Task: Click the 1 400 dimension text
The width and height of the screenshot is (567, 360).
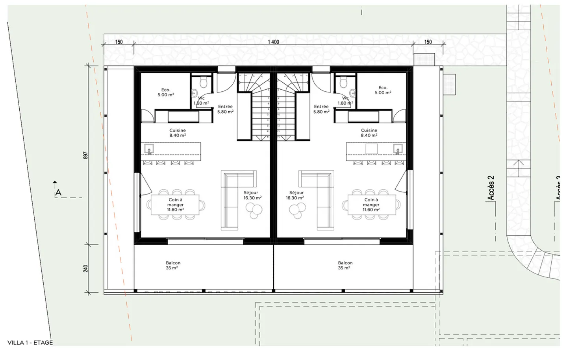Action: click(x=273, y=42)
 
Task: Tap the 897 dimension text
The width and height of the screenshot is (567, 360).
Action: click(x=86, y=155)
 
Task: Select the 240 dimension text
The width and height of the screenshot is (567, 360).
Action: click(x=86, y=268)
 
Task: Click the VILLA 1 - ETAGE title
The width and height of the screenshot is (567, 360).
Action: click(x=30, y=342)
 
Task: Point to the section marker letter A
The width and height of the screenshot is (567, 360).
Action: click(x=58, y=193)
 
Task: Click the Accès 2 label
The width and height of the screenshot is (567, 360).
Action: click(x=491, y=188)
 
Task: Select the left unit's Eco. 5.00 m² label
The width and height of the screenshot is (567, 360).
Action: click(x=166, y=92)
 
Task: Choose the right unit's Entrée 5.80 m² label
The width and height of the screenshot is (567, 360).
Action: click(x=321, y=109)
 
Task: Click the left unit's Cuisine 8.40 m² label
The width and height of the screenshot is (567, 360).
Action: click(x=178, y=133)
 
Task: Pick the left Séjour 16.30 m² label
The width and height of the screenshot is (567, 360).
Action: click(x=252, y=195)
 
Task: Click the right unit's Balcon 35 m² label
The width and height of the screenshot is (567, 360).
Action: click(x=345, y=265)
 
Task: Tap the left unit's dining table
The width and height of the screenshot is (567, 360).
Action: click(x=176, y=205)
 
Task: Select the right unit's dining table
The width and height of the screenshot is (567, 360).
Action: click(x=371, y=205)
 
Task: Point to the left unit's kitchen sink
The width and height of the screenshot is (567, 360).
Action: click(x=149, y=149)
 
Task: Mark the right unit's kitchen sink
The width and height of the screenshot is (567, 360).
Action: click(x=398, y=149)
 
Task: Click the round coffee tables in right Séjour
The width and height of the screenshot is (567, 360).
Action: click(x=297, y=211)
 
